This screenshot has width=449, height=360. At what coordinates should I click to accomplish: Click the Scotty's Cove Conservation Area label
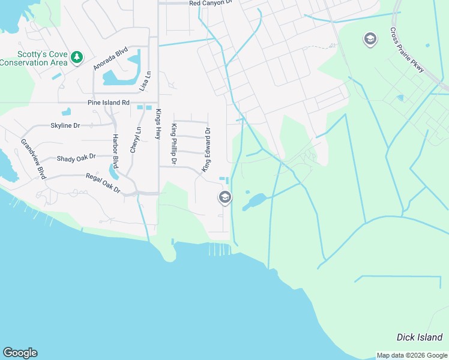click(x=34, y=57)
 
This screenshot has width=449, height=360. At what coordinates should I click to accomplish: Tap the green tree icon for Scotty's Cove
click(x=77, y=57)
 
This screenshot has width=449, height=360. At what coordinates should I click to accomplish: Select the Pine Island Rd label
click(x=109, y=103)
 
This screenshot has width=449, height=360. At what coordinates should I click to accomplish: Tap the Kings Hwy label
click(x=158, y=124)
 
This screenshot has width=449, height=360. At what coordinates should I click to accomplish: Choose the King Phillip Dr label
click(x=174, y=144)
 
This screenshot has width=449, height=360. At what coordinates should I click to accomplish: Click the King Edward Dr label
click(x=206, y=149)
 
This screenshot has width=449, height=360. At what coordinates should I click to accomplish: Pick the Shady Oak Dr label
click(x=76, y=158)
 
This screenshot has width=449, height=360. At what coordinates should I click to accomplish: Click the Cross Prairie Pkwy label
click(x=408, y=50)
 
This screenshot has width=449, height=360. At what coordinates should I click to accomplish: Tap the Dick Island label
click(x=420, y=337)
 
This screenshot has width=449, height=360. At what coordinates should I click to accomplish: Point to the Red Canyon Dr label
click(x=210, y=3)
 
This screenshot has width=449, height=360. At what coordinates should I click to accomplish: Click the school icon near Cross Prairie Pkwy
click(x=370, y=40)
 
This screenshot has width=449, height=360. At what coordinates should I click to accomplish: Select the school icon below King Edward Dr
click(x=225, y=197)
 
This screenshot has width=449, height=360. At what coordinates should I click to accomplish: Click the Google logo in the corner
click(x=20, y=353)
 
